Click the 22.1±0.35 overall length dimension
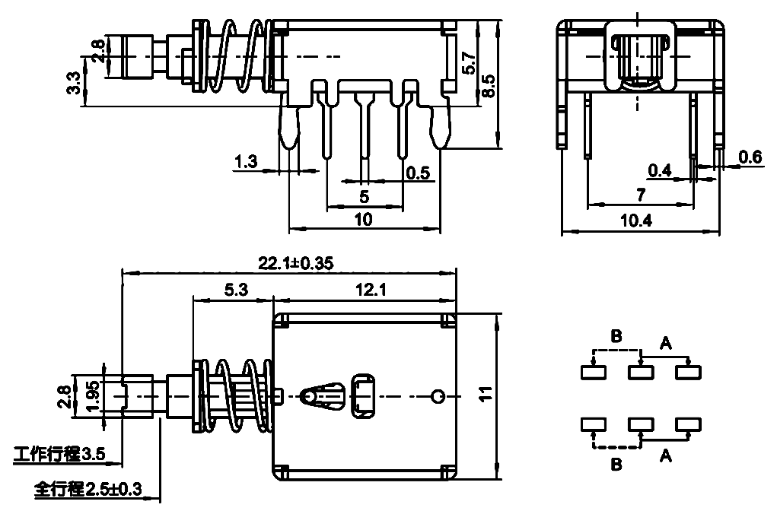point(295,263)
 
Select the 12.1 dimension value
point(371,290)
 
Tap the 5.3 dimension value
point(236,290)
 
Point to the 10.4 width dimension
point(637,221)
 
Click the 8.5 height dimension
point(488,85)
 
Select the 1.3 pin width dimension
point(246,161)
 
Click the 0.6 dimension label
point(750,157)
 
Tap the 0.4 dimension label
point(660,171)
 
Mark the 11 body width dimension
point(486,395)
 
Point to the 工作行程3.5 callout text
point(59,454)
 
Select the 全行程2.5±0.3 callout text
point(88,490)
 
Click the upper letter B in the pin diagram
point(616,336)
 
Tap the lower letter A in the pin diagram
point(665,455)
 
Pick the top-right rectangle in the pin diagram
point(688,372)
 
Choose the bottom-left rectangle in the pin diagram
point(594,424)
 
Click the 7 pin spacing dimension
point(642,195)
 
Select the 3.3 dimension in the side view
point(73,83)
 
